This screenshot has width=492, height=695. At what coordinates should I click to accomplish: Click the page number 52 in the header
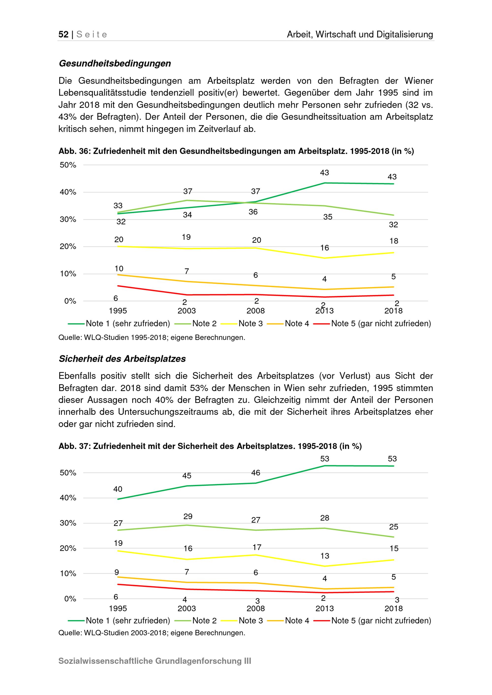tap(63, 34)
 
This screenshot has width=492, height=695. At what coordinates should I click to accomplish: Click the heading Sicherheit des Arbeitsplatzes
tap(122, 359)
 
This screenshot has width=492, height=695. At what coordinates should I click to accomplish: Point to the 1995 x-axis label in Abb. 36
tap(118, 311)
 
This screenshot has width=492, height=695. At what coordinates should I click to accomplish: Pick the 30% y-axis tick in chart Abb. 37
tap(68, 523)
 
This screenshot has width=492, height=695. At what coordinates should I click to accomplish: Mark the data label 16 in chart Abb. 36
tap(324, 248)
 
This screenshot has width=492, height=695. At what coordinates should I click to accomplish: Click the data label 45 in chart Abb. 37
tap(187, 476)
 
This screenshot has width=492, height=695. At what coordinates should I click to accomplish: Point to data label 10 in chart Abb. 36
tap(119, 269)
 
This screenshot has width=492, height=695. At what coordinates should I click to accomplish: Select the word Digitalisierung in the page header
tap(405, 34)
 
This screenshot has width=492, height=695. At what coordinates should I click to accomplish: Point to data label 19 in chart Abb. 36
tap(186, 237)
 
